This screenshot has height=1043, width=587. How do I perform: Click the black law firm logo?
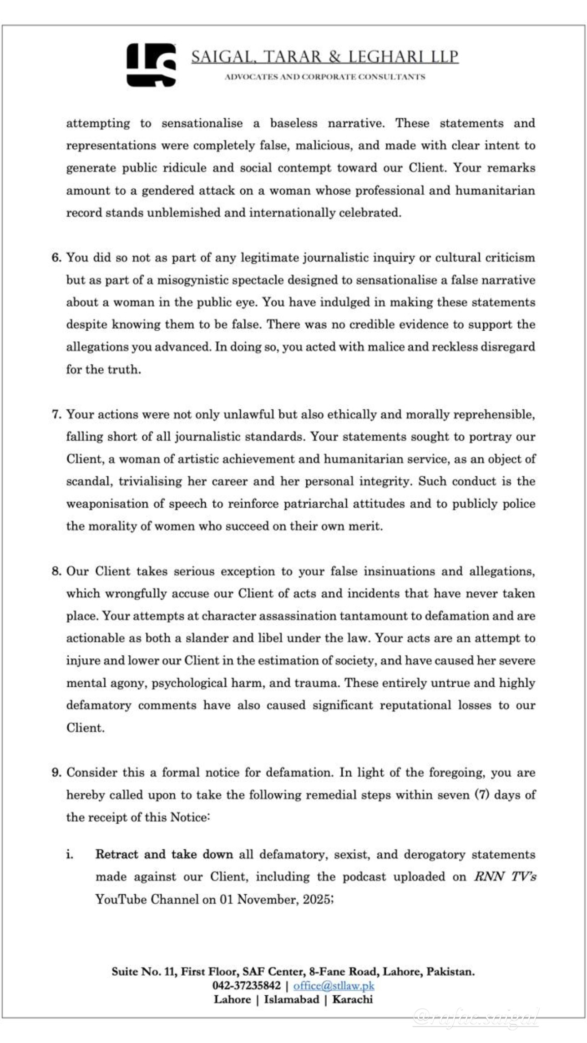pos(151,65)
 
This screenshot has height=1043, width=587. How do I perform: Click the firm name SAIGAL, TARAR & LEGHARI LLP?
pos(324,57)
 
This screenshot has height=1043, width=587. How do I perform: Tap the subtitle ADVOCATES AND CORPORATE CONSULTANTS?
pos(324,77)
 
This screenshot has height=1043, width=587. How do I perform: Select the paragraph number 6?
pos(56,257)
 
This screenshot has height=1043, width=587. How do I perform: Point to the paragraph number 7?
pos(56,414)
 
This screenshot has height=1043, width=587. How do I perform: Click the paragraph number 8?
pos(56,571)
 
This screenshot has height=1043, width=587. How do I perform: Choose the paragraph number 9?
pos(56,773)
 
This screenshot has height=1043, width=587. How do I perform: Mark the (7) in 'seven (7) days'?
pos(482,795)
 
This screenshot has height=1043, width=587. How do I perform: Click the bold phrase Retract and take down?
pos(164,855)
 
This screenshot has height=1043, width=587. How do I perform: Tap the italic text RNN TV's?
pos(505,877)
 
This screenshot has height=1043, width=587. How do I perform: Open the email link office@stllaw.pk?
pos(334,986)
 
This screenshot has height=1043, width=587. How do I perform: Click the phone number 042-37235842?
pos(246,986)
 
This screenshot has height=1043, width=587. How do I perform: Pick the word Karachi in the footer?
pos(352,999)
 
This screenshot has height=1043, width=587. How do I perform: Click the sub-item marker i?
pos(70,855)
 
